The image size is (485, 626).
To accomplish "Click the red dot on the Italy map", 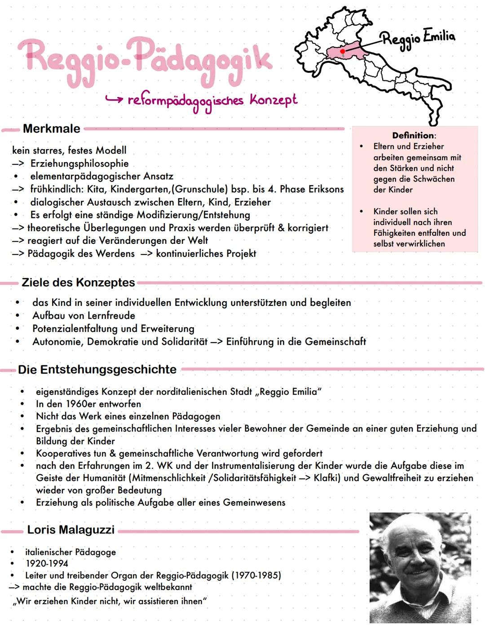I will [343, 52].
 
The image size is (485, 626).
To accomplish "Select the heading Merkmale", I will [52, 129].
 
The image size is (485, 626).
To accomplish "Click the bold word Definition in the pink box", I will [413, 135].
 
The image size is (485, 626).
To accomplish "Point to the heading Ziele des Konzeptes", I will [78, 282].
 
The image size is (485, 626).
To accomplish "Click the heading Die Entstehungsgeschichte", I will [97, 370].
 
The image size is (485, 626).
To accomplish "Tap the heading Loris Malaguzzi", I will [71, 530].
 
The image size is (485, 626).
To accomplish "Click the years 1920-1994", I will [47, 564].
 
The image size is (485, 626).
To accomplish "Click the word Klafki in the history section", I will [326, 478].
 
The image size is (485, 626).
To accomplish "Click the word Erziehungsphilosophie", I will [79, 163].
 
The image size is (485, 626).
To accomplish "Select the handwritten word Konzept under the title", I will [273, 100].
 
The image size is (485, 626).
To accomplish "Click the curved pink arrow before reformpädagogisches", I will [114, 99].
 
